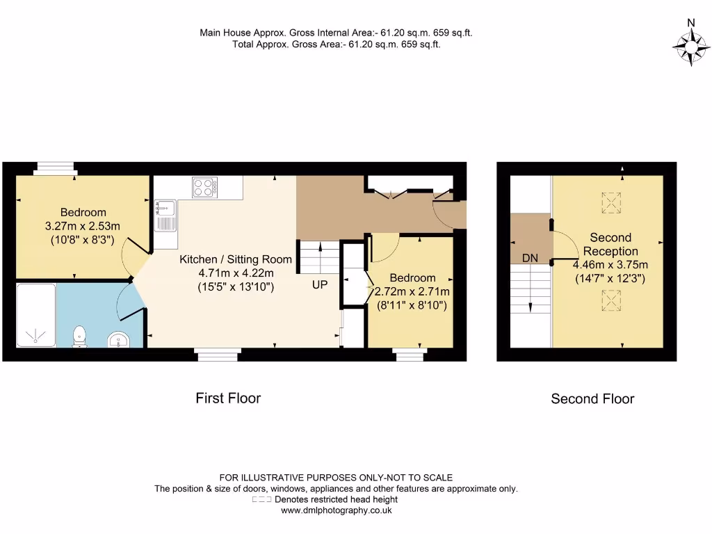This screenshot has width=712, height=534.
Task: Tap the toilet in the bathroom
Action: (x=79, y=336)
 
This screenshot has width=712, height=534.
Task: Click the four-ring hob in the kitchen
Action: (x=204, y=186)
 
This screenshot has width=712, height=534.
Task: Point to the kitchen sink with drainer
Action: (x=166, y=215)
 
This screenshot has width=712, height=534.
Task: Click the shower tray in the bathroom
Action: (x=41, y=314)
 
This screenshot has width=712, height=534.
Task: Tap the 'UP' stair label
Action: (x=319, y=284)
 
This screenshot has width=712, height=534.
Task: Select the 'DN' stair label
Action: (x=530, y=258)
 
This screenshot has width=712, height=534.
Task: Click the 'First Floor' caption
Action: (x=228, y=398)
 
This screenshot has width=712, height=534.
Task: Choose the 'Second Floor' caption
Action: (x=592, y=399)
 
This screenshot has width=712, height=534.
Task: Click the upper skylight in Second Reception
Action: (x=610, y=202)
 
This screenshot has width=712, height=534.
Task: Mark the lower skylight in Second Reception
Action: (x=610, y=300)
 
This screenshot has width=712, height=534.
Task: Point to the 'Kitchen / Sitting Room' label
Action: (x=236, y=259)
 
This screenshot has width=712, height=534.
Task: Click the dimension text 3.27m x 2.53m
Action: (x=83, y=226)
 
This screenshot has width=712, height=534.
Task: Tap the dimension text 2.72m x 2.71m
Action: (x=412, y=291)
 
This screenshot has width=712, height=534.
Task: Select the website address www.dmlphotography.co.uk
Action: (x=336, y=510)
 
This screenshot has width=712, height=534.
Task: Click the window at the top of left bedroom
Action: (x=55, y=167)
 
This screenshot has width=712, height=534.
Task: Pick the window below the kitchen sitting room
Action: (x=218, y=355)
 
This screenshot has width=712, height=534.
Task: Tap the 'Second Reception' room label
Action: (x=610, y=244)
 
